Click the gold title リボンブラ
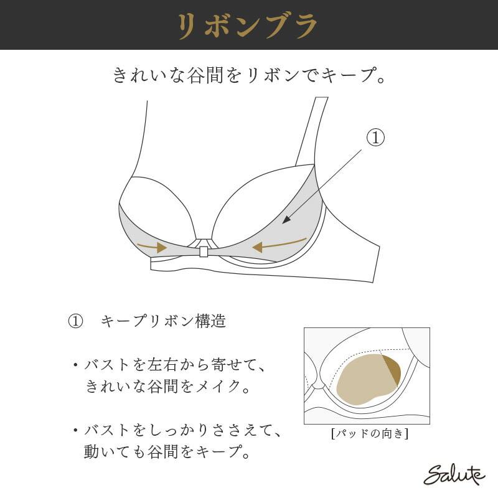[248, 26]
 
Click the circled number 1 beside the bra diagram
[376, 138]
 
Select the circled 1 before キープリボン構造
[75, 321]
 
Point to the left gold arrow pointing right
[152, 246]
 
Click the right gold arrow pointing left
[280, 244]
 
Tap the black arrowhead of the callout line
[286, 220]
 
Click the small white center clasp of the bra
[204, 252]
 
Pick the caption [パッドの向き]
[370, 433]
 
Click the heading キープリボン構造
[163, 321]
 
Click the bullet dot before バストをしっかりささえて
[75, 431]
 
